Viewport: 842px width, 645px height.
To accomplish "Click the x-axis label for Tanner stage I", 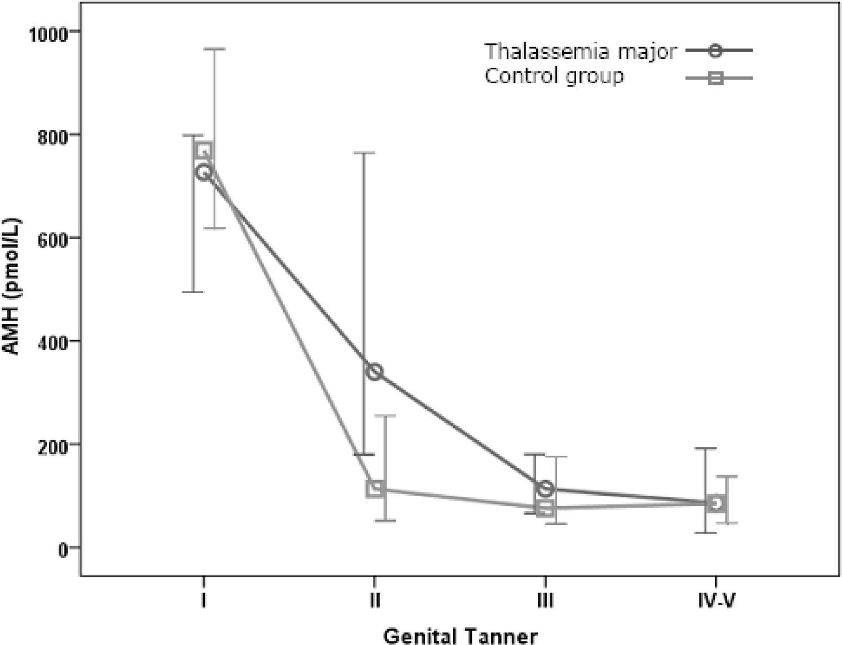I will coord(204,600).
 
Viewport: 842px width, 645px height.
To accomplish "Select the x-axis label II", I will coord(375,600).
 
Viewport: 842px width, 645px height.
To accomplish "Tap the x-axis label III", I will coord(546,600).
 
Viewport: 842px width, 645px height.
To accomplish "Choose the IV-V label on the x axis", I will coord(717,600).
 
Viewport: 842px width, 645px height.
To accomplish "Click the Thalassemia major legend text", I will coord(580,51).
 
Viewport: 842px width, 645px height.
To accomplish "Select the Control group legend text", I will coord(554,76).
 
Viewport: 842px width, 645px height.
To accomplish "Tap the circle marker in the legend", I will coord(715,51).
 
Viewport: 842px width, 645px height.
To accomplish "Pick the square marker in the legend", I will coord(715,78).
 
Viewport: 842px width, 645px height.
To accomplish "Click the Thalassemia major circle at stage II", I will coord(375,371).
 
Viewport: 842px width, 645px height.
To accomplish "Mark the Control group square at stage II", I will coord(375,488).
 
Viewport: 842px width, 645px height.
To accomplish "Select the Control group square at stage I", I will coord(204,150).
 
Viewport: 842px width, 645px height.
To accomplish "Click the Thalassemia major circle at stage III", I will coord(546,488).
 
